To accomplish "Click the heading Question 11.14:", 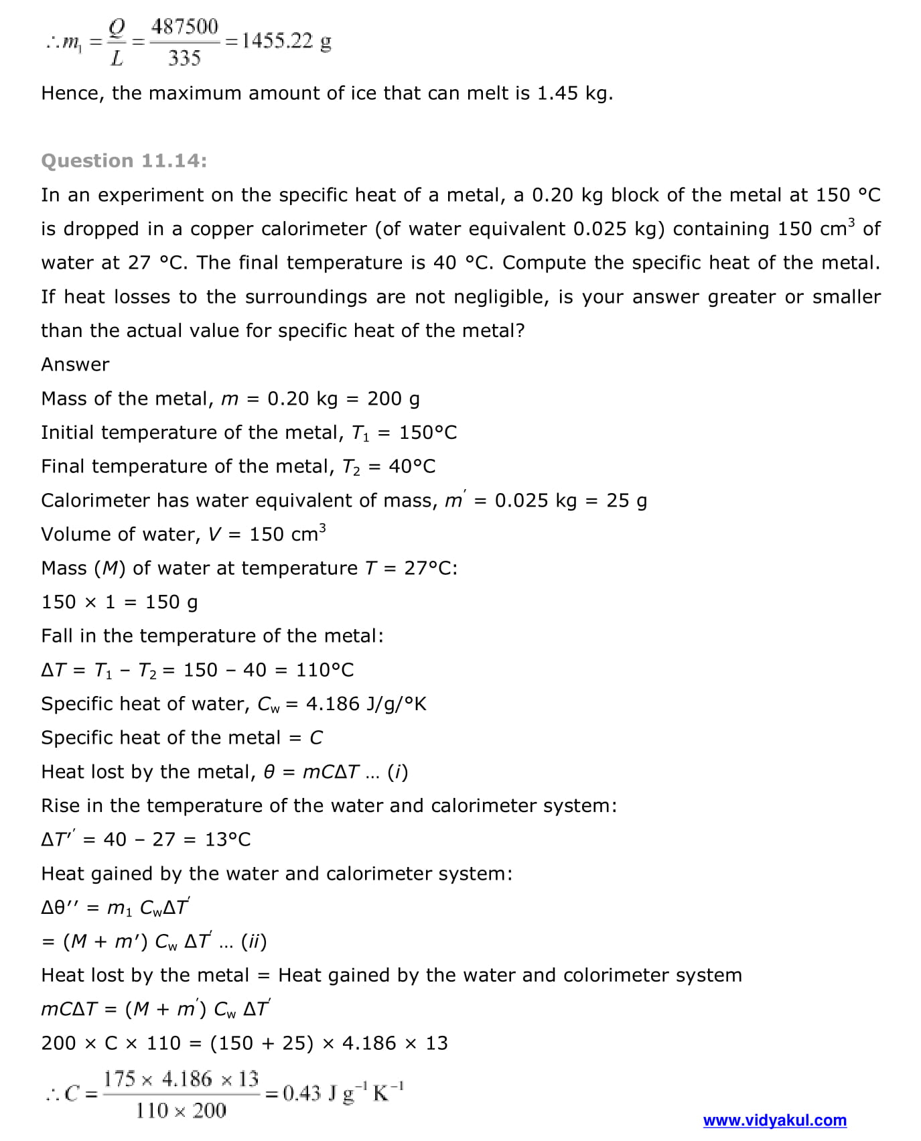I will pos(124,161).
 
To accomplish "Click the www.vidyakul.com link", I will pos(774,1120).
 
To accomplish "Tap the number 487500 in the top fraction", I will pos(185,27).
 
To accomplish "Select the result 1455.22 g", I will pos(287,42).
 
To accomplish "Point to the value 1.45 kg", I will pos(574,93).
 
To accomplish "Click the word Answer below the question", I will pos(75,364).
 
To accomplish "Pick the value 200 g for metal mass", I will pos(393,399).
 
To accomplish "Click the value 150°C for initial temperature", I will pos(428,433).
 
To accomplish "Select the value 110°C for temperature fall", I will pos(325,670).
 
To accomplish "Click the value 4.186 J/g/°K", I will pos(366,704).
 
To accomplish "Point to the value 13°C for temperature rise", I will pos(228,840).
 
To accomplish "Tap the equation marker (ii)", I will pos(254,941).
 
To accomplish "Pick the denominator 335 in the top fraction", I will pos(184,58).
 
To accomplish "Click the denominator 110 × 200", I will pos(181,1110).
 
